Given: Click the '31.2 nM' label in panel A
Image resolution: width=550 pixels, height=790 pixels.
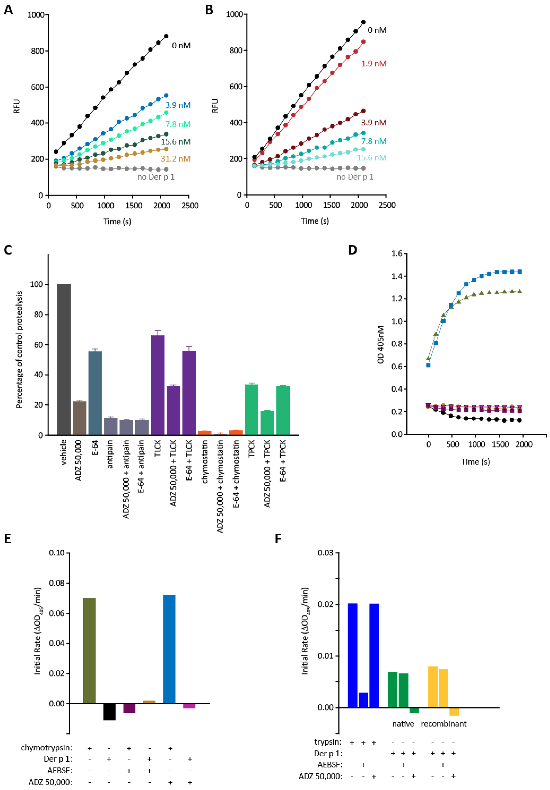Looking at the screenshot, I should pos(176,159).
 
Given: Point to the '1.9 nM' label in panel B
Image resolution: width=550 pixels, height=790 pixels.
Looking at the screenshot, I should pos(374,64).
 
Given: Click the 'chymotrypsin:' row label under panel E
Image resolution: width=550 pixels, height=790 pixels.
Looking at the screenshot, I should pos(47,748).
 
